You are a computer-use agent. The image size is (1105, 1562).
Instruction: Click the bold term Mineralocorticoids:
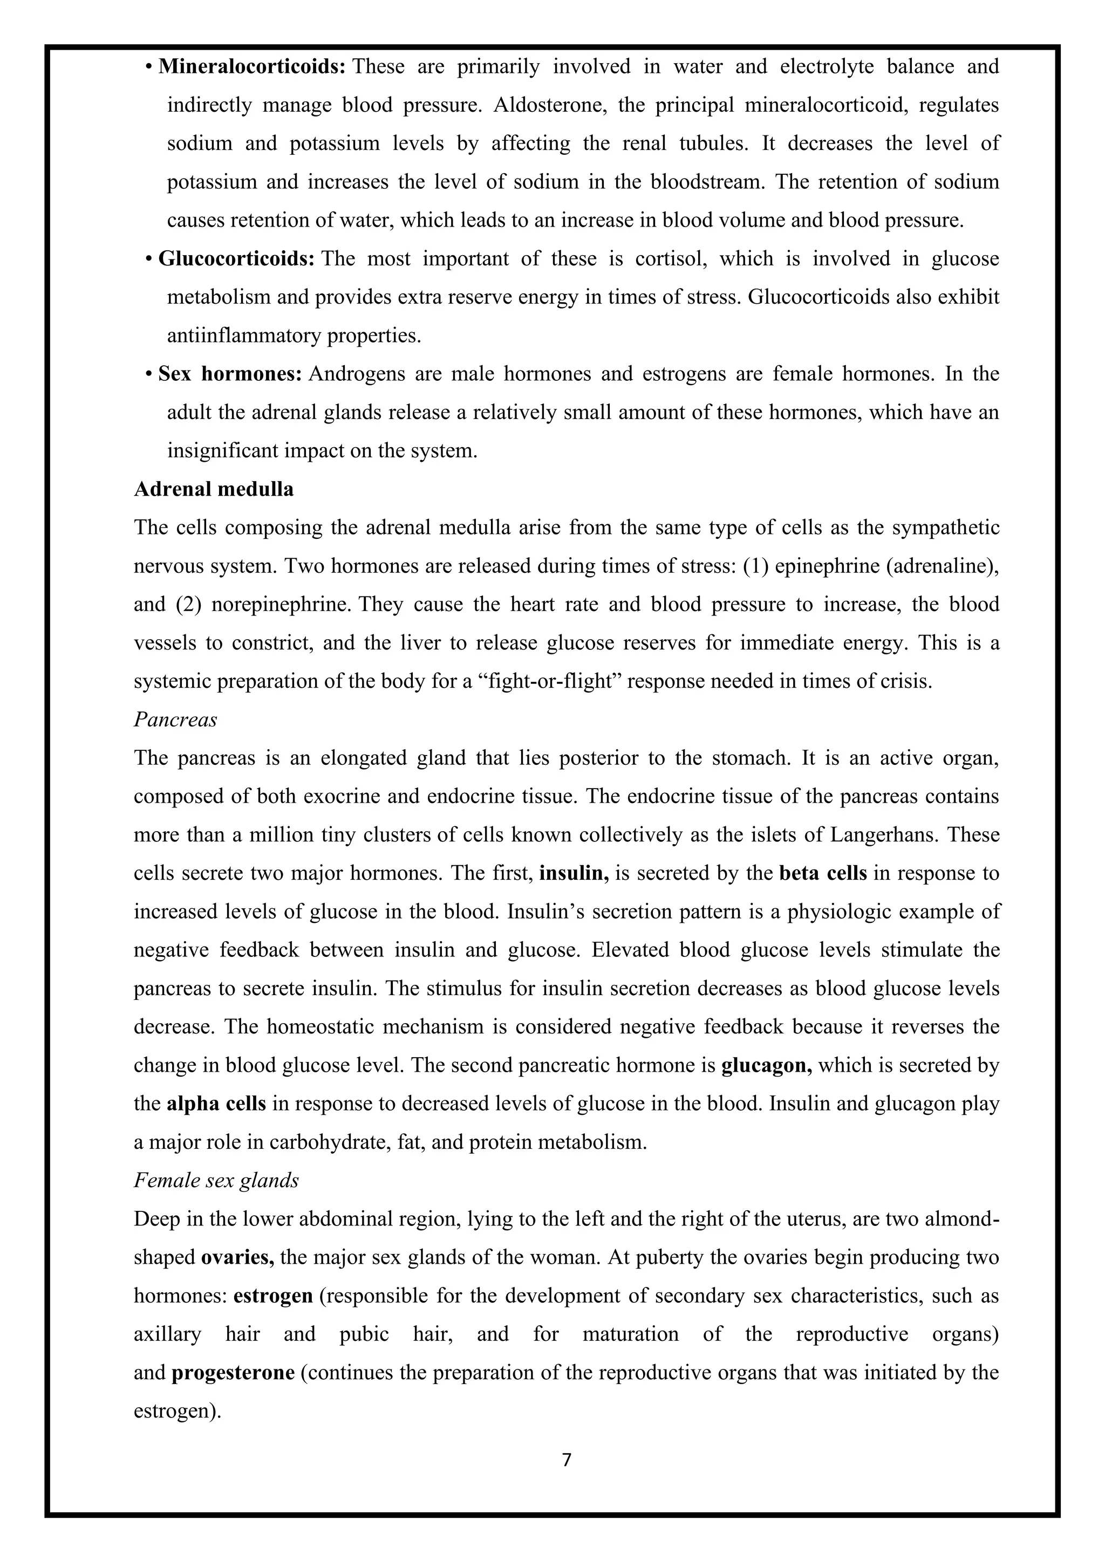(x=253, y=67)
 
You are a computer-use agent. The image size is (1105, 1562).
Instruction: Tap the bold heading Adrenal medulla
(x=214, y=489)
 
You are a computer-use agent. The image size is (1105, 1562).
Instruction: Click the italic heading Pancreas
(x=175, y=720)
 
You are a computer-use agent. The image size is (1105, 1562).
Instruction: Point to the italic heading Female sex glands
(x=216, y=1180)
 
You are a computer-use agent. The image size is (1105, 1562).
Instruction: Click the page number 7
(x=567, y=1460)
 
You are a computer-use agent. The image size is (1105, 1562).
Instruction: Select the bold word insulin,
(x=574, y=873)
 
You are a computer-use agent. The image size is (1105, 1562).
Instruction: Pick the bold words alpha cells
(x=216, y=1104)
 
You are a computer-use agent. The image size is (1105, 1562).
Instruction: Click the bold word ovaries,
(x=237, y=1257)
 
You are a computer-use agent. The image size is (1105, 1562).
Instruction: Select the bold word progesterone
(x=233, y=1373)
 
